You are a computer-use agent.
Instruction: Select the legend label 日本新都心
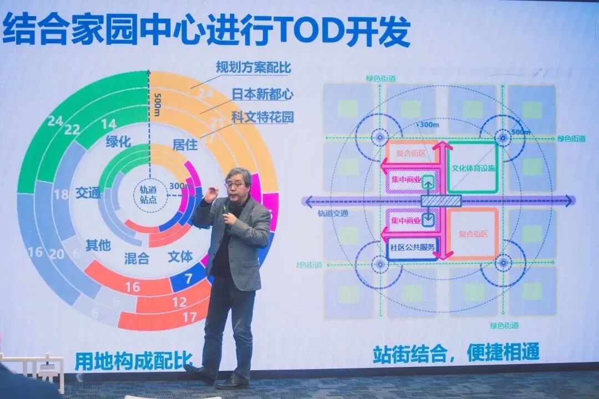263,94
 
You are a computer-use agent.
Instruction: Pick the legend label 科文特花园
263,117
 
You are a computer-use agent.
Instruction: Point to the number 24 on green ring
55,121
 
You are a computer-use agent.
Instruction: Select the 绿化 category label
118,142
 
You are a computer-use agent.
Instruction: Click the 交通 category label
88,193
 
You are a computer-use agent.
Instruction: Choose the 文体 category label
180,257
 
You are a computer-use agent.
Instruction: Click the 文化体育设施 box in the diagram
473,168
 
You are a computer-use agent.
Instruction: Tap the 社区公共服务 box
412,247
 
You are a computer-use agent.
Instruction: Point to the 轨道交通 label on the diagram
333,213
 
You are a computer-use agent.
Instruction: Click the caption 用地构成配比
133,361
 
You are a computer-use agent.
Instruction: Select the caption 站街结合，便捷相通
455,352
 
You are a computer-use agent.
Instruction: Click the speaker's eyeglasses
236,184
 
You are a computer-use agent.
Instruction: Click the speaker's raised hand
211,195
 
